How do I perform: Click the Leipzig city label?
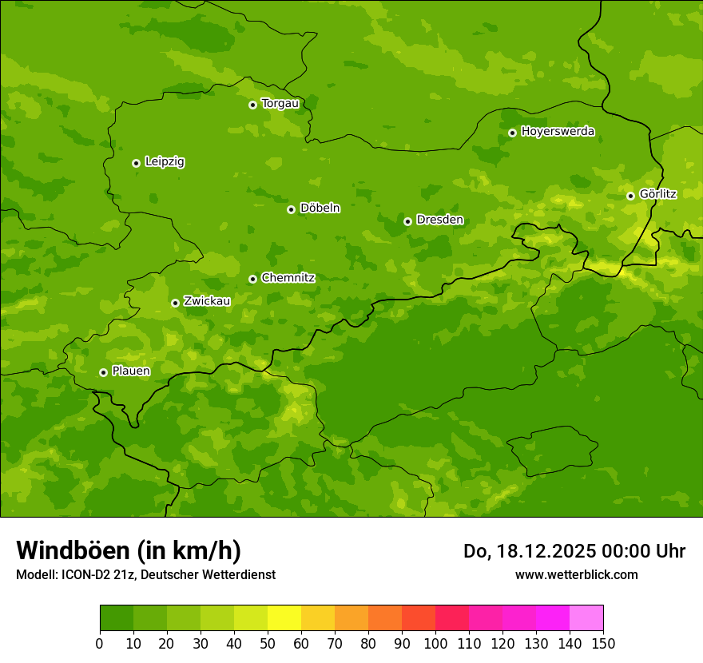pos(165,162)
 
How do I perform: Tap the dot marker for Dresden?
pos(407,221)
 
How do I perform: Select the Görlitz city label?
pos(657,194)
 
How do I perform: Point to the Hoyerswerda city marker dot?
pos(512,133)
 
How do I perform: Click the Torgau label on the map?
pos(280,104)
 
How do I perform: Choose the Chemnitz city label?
pos(288,278)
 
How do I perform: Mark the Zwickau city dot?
pos(175,303)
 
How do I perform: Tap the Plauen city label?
pos(131,371)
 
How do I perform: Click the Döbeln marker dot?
pos(291,209)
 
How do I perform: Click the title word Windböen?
pos(73,550)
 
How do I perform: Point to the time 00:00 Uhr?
pos(648,551)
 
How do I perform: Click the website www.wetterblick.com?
pos(576,574)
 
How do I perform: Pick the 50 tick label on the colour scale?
pos(268,644)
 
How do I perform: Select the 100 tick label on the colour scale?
pos(435,644)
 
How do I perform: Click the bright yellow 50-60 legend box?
pos(284,618)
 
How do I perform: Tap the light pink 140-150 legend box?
pos(586,618)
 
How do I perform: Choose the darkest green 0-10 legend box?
pos(117,618)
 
